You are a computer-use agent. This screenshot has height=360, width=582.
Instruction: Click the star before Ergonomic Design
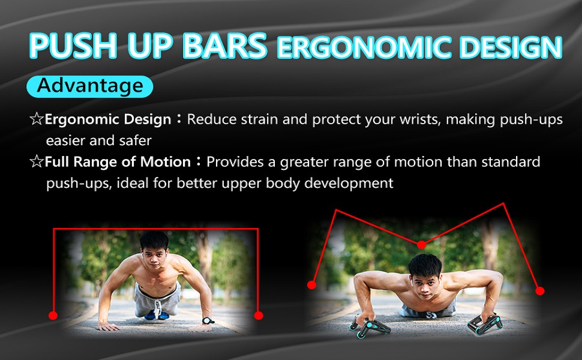coord(36,119)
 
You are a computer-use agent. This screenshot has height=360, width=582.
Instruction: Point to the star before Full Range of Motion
coord(36,162)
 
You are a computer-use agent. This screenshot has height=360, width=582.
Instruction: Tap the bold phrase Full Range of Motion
coord(118,162)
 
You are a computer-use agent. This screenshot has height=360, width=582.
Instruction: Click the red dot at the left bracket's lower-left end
coord(53,315)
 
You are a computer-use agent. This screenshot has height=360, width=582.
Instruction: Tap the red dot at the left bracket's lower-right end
coord(259,315)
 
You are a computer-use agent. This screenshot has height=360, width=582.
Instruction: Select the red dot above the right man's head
coord(421,245)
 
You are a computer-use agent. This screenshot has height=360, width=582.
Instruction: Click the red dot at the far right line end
coord(539,290)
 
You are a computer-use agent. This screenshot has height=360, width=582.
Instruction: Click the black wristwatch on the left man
coord(208,320)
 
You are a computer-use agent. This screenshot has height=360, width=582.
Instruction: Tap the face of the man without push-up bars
coord(154,250)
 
